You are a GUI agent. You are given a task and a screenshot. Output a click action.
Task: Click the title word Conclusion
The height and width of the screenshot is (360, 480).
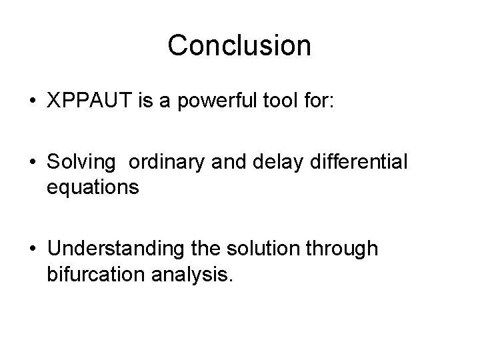(239, 46)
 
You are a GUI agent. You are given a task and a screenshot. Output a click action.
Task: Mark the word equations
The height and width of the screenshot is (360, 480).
(93, 189)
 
